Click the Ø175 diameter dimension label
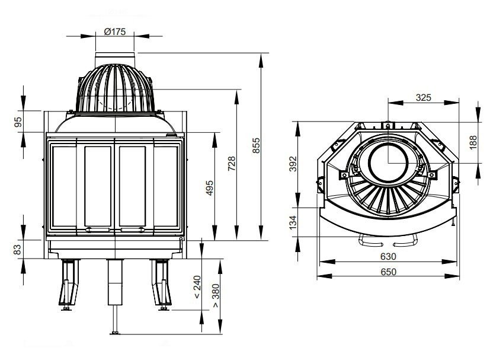pos(114,32)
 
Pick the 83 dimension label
pos(18,249)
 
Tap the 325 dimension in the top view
pos(423,97)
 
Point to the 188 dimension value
pos(472,142)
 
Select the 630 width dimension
pos(388,257)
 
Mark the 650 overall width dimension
pos(388,272)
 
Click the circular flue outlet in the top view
pos(388,163)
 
